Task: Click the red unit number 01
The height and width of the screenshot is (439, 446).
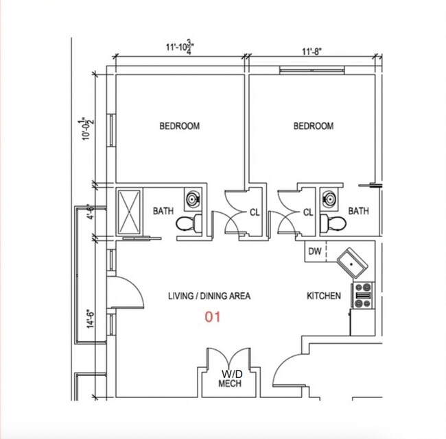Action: tap(213, 317)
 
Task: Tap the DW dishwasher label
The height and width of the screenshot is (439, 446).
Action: tap(315, 251)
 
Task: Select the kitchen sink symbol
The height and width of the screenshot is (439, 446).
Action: tap(352, 263)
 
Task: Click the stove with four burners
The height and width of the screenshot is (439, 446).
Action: tap(363, 295)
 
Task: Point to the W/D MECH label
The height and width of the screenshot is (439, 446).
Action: tap(230, 379)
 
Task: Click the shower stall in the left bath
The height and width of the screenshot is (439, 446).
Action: tap(129, 212)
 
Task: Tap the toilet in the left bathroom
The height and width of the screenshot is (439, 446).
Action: tap(189, 223)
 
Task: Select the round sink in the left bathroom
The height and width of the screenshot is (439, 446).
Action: tap(193, 199)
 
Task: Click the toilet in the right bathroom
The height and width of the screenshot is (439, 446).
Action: tap(333, 223)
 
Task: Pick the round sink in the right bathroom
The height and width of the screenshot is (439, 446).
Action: tap(329, 199)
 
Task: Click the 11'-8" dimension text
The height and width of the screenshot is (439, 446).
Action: tap(312, 51)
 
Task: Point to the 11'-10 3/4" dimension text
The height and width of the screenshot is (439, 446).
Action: tap(180, 47)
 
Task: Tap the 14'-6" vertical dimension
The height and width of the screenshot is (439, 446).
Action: tap(90, 319)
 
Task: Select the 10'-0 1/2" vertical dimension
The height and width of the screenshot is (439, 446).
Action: tap(87, 128)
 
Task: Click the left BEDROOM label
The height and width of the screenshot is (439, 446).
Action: tap(180, 126)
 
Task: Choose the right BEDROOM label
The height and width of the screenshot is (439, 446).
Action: tap(314, 126)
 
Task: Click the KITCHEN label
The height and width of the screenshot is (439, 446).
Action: tap(324, 296)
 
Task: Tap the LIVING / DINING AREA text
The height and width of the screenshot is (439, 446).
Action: tap(209, 296)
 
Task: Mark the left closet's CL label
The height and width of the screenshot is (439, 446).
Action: tap(255, 212)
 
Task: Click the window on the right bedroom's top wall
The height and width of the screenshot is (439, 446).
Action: tap(312, 70)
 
